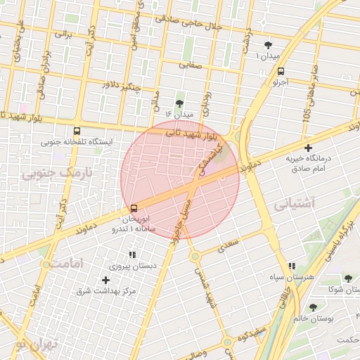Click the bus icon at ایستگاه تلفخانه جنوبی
pos(77,131)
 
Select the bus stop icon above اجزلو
pos(281,71)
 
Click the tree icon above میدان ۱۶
pos(179,103)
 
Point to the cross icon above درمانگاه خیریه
pos(308,148)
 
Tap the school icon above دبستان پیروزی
pos(131,255)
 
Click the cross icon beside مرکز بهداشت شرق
pos(105,280)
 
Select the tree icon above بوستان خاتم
pos(313,307)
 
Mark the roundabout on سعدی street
pos(195,257)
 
